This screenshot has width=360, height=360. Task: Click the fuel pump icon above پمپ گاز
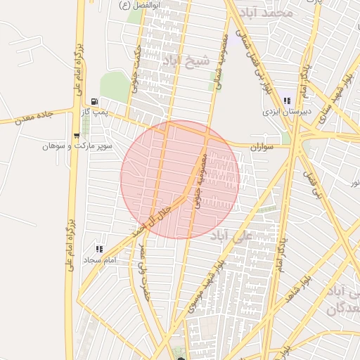[94, 101]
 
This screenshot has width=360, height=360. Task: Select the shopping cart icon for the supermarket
[77, 135]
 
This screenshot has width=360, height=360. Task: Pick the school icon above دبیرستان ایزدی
[286, 101]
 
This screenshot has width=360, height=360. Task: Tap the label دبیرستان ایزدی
[281, 112]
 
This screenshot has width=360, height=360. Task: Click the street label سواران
[261, 147]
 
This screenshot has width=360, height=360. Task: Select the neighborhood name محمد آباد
[265, 13]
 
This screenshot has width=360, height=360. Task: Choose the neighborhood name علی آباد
[231, 237]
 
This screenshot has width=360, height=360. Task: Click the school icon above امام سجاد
[99, 249]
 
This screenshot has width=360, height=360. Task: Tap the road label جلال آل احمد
[153, 220]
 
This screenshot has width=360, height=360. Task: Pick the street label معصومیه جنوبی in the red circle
[200, 179]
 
